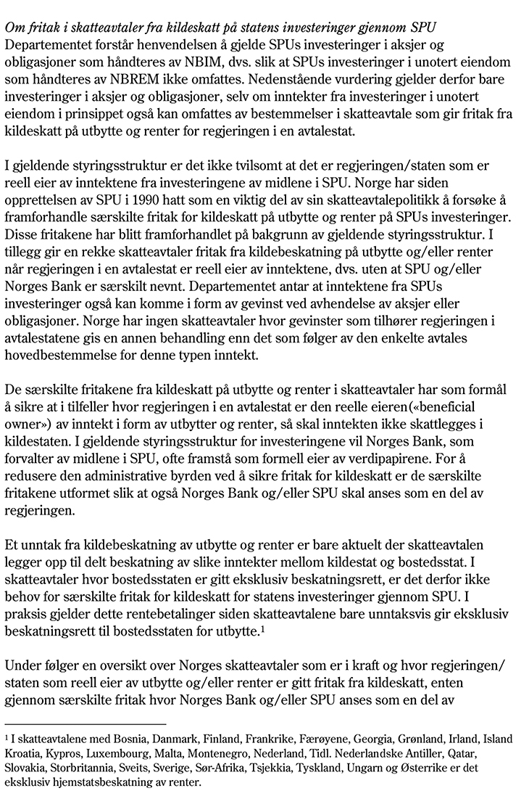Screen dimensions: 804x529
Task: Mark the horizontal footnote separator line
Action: (x=86, y=723)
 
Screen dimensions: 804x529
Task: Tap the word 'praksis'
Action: (x=25, y=615)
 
